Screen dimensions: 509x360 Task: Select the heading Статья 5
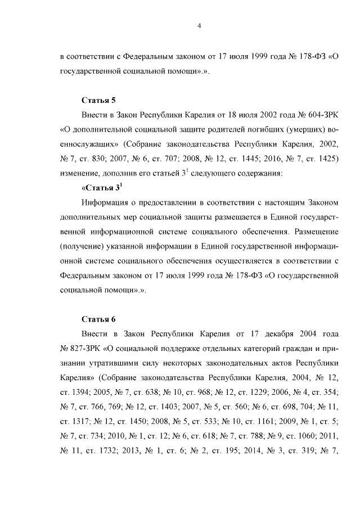[98, 101]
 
